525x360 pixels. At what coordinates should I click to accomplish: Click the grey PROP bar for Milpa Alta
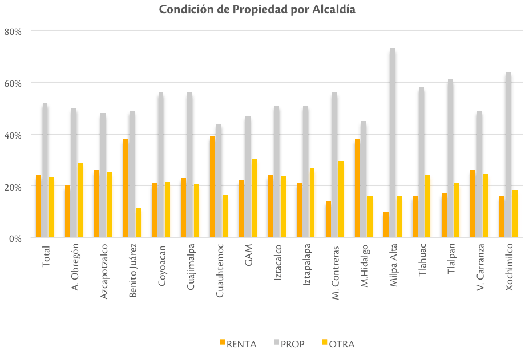pyautogui.click(x=393, y=143)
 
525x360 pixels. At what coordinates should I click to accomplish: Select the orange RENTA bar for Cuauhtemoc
pyautogui.click(x=213, y=187)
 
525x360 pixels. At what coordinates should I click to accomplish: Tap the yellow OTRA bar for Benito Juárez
pyautogui.click(x=139, y=223)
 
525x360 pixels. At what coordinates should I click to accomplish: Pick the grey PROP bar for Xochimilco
pyautogui.click(x=508, y=155)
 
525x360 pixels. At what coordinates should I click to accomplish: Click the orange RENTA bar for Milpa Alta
pyautogui.click(x=386, y=225)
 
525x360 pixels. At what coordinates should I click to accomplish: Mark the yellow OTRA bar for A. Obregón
pyautogui.click(x=80, y=200)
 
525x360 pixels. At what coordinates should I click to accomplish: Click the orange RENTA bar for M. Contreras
pyautogui.click(x=328, y=220)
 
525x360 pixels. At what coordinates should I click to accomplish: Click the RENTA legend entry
pyautogui.click(x=238, y=344)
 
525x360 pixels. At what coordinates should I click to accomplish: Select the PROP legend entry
pyautogui.click(x=289, y=344)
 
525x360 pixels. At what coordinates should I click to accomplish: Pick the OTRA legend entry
pyautogui.click(x=338, y=344)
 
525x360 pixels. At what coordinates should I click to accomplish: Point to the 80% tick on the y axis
pyautogui.click(x=12, y=31)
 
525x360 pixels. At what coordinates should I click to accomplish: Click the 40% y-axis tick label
pyautogui.click(x=12, y=135)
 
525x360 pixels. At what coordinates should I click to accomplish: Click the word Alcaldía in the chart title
pyautogui.click(x=334, y=10)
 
